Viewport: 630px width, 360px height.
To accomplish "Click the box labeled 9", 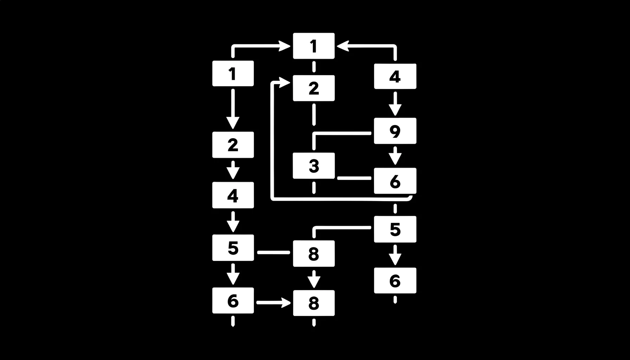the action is (395, 131).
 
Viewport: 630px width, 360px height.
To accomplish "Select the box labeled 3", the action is (314, 166).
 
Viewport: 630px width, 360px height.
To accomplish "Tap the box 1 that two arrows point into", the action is (314, 46).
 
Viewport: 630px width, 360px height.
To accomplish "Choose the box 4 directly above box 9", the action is (395, 76).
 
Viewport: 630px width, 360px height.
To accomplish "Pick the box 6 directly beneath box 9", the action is (395, 181).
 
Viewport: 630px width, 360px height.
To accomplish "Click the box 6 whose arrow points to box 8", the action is (233, 301).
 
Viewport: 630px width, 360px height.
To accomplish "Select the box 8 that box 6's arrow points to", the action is (314, 303).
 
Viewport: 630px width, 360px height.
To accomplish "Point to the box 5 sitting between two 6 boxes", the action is (395, 229).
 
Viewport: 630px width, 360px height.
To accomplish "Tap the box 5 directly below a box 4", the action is (233, 247).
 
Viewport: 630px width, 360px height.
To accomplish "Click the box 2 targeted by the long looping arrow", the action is (314, 88).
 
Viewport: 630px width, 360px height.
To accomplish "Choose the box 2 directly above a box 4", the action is (233, 145).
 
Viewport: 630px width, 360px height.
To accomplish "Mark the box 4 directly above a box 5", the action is (233, 195).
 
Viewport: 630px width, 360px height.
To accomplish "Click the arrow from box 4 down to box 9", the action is (395, 104).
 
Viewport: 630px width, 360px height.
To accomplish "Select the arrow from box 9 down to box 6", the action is (395, 156).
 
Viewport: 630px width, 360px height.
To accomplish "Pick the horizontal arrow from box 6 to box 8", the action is (274, 302).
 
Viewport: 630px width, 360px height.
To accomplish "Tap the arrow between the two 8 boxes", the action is (314, 279).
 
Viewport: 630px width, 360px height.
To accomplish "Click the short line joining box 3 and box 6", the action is (354, 178).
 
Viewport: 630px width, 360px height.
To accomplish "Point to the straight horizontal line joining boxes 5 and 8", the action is (274, 252).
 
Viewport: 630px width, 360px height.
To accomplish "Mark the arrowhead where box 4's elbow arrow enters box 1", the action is (343, 46).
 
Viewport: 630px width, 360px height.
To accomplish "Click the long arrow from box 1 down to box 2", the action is (233, 109).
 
